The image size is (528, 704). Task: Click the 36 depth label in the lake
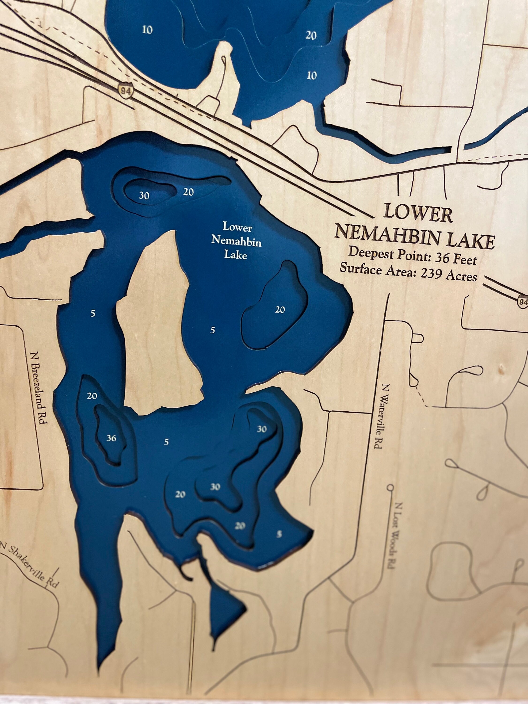click(111, 438)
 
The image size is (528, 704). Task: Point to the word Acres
click(461, 276)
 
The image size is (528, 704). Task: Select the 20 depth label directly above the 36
click(92, 396)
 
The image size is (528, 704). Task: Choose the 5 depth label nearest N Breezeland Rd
click(93, 314)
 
